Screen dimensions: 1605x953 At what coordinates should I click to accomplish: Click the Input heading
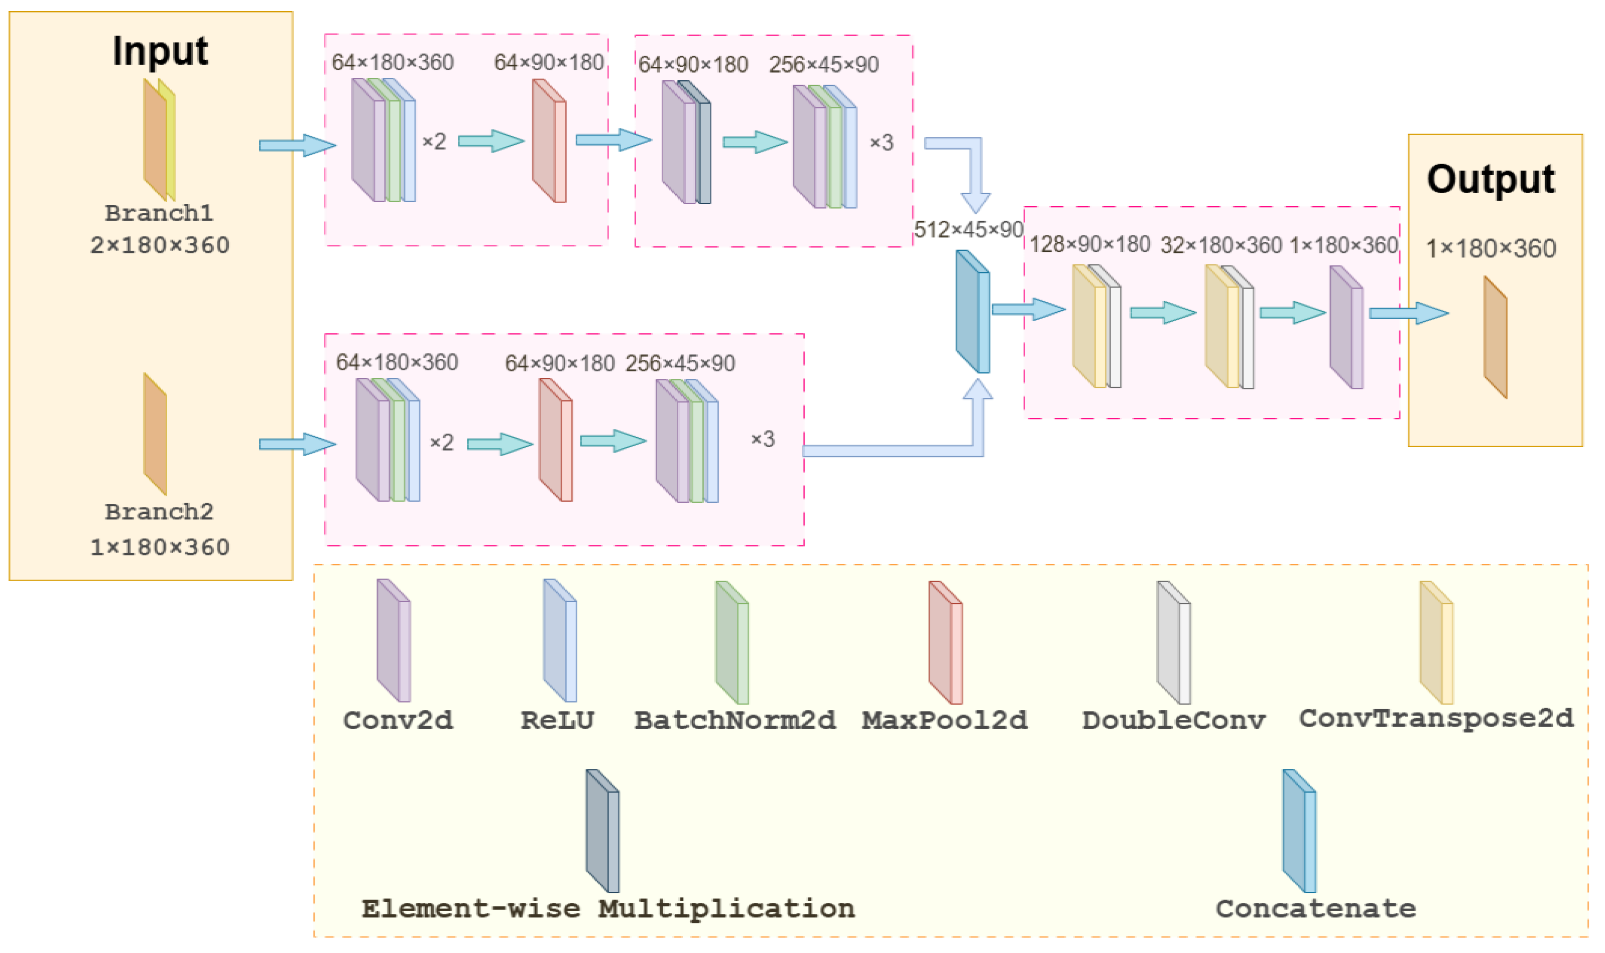(160, 51)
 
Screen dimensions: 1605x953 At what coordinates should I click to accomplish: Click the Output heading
(1490, 180)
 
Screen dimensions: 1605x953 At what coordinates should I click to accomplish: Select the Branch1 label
(159, 213)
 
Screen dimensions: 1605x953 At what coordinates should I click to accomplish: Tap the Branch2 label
(159, 512)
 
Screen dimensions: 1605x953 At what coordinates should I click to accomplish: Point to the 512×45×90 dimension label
(968, 229)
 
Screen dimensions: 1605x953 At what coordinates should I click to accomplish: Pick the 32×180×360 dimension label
(1221, 245)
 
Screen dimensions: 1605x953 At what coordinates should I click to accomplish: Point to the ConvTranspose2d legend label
(1436, 719)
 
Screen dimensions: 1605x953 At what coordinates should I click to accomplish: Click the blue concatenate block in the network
(972, 312)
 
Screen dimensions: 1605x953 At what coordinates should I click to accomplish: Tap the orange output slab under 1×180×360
(1495, 337)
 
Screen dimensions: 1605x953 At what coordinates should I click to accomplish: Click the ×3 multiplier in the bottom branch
(763, 439)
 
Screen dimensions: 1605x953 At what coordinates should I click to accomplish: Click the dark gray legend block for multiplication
(602, 831)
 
